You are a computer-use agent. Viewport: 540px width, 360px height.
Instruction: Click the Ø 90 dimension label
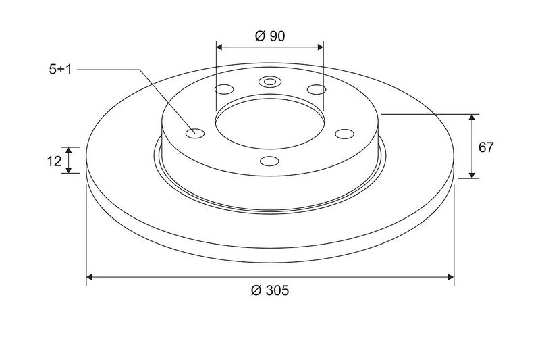[270, 36]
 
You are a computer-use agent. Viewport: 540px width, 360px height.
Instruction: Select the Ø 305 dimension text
[270, 290]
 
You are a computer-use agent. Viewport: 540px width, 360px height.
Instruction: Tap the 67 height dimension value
[486, 147]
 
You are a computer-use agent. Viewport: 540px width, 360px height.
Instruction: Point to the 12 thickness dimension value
[54, 161]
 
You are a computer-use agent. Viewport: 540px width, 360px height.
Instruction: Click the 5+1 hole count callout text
[60, 70]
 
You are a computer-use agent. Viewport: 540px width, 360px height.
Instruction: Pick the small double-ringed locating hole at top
[270, 82]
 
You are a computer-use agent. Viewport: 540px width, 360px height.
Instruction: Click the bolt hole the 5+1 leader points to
[195, 133]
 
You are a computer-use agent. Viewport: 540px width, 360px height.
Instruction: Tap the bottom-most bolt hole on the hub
[269, 161]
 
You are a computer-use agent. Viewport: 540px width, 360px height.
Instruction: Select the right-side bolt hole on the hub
[345, 134]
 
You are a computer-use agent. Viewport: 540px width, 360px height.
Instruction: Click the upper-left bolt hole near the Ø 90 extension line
[224, 90]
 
